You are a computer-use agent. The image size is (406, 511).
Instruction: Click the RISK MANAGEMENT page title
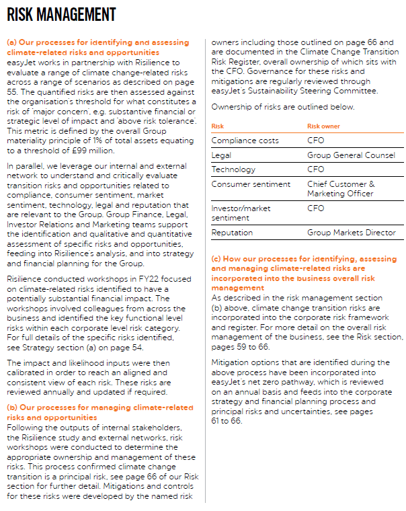coord(61,14)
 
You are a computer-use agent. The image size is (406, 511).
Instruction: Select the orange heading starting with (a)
coord(97,47)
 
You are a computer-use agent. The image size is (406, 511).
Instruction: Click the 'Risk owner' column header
coord(323,126)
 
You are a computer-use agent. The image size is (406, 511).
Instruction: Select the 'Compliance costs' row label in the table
coord(245,141)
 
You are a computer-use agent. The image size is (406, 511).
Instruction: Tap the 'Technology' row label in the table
coord(233,169)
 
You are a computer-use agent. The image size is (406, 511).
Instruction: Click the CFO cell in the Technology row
coord(315,169)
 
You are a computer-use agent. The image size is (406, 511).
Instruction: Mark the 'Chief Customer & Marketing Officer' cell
coord(341,189)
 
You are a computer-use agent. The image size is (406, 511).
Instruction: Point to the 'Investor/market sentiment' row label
coord(240,212)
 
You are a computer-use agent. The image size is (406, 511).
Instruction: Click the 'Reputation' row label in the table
coord(232,233)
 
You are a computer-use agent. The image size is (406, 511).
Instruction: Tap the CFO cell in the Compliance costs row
coord(315,141)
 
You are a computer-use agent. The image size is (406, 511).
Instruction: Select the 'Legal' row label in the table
coord(222,155)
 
